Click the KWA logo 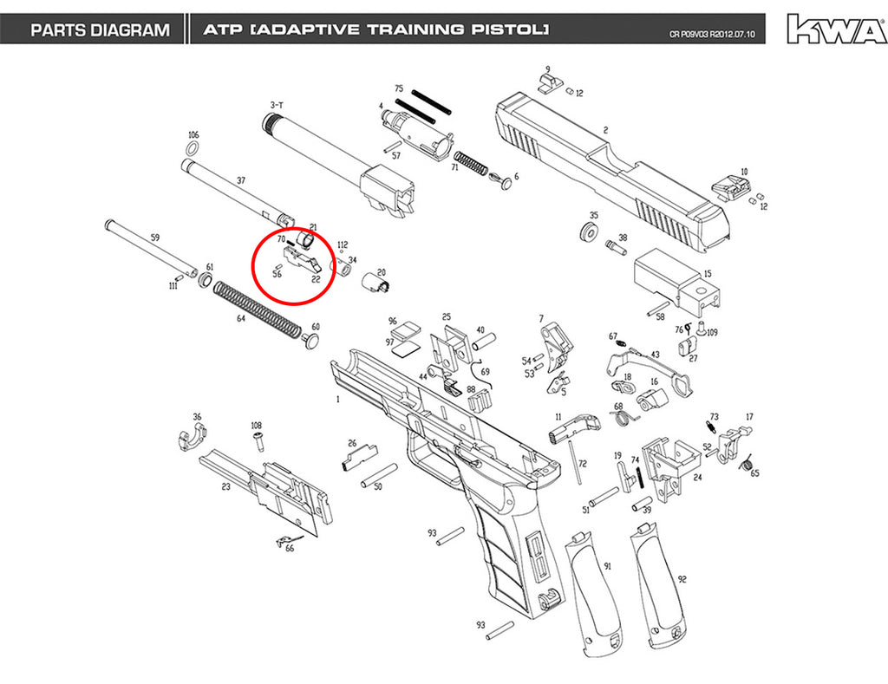837,29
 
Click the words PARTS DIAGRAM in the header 101,29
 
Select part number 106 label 193,134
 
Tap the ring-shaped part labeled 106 192,149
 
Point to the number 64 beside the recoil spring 241,318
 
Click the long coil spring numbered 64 258,309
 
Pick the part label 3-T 277,105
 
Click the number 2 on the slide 605,130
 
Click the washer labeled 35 590,232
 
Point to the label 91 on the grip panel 608,566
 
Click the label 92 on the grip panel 682,579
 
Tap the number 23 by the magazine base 225,486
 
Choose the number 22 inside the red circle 316,278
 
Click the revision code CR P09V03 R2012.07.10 712,35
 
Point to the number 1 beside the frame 338,399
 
